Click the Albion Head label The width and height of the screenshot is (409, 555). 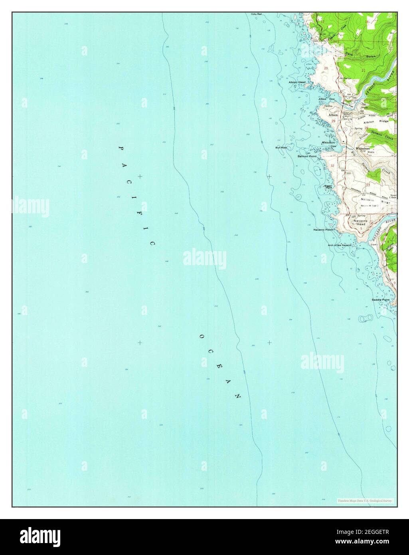click(x=297, y=82)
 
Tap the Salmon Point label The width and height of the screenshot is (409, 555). click(x=307, y=157)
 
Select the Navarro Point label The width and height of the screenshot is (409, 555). click(x=323, y=230)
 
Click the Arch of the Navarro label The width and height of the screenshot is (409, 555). click(x=339, y=245)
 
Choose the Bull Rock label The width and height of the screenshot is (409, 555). click(x=281, y=148)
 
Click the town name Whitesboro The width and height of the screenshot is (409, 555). click(x=364, y=149)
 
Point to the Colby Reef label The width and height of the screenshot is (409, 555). click(x=256, y=14)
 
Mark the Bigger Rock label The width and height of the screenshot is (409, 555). click(x=329, y=186)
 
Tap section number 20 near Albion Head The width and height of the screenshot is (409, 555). click(x=326, y=68)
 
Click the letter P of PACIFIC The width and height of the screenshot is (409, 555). click(x=120, y=148)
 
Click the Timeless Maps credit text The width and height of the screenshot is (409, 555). click(x=365, y=500)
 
